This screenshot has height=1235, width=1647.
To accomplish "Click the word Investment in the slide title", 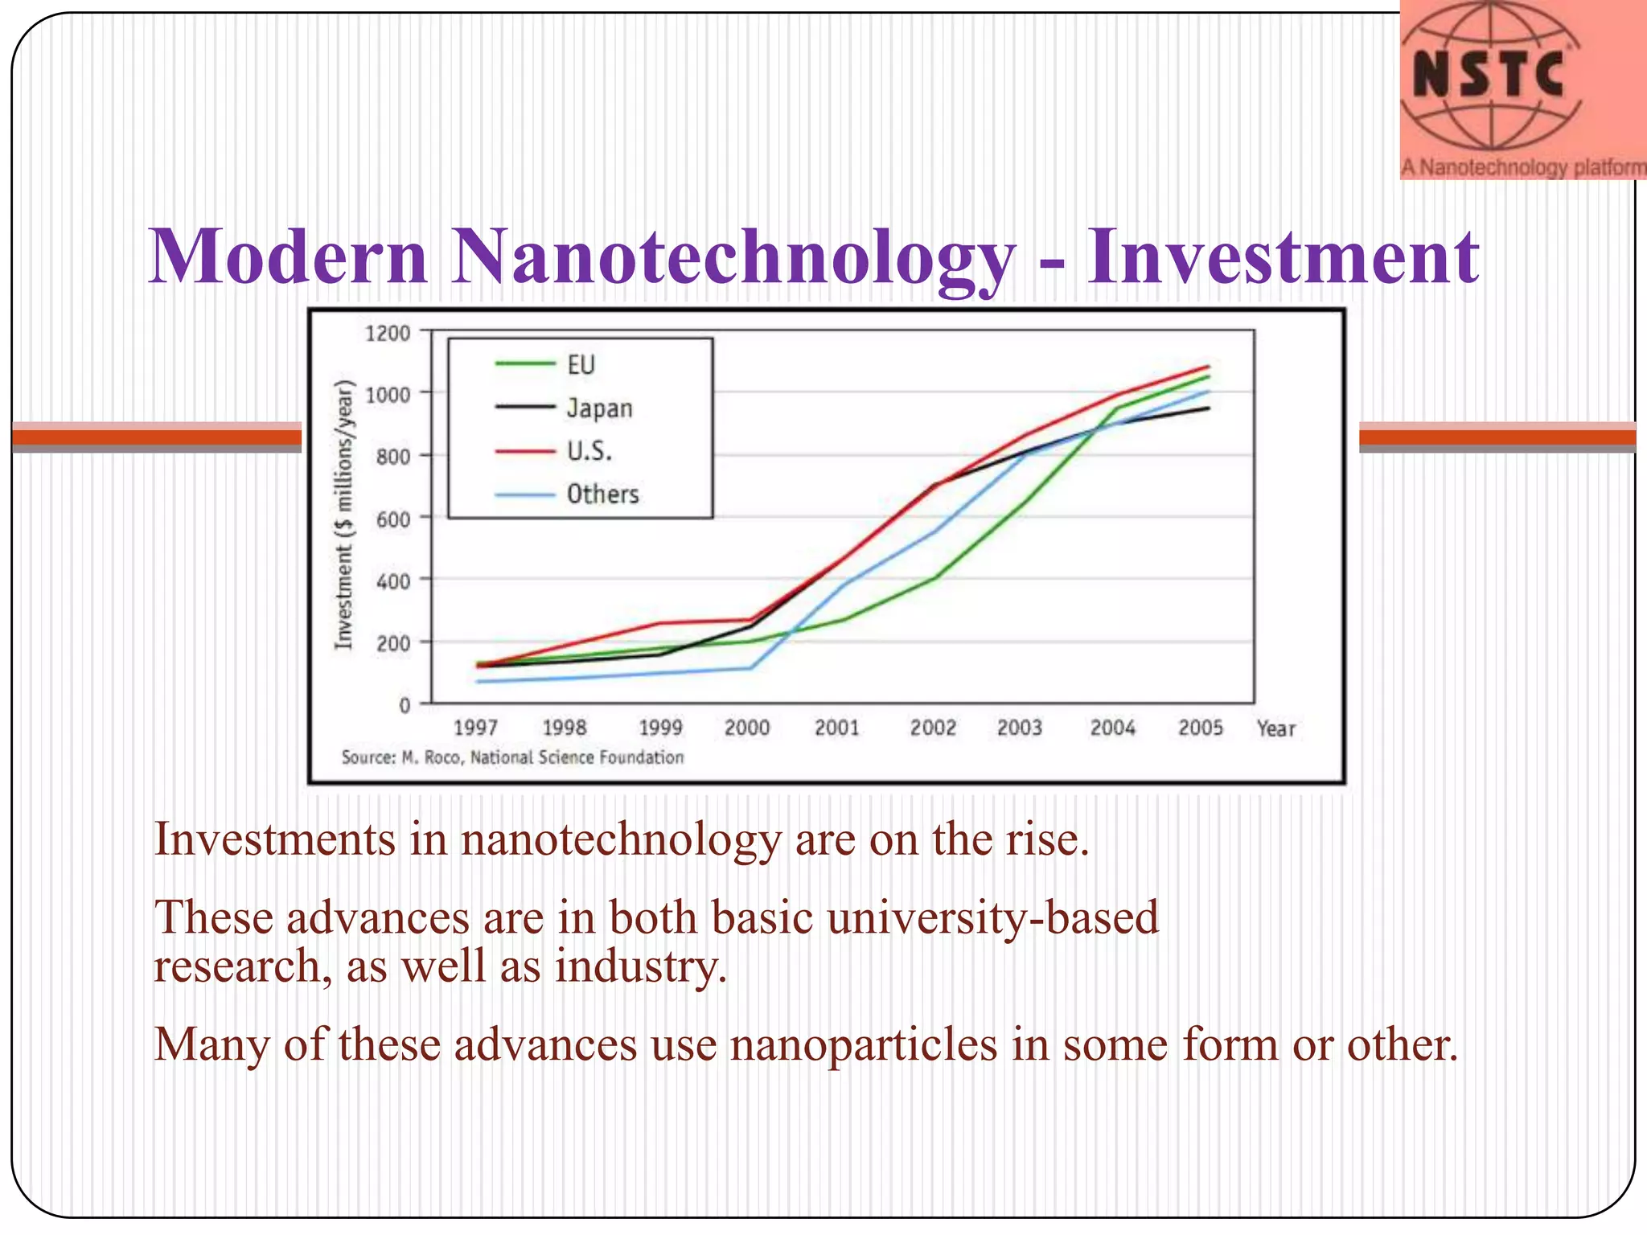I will (x=1282, y=256).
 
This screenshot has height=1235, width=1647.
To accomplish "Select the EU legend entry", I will (x=580, y=365).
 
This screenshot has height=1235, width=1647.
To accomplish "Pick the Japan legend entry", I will (x=599, y=408).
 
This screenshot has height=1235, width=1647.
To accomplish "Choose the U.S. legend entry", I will (x=589, y=451).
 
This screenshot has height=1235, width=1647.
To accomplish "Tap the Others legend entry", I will (x=602, y=494).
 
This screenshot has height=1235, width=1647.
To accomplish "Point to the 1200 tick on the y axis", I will (x=388, y=333).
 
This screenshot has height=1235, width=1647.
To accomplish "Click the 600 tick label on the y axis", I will (x=392, y=519).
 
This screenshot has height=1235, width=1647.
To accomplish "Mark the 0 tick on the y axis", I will (x=405, y=705).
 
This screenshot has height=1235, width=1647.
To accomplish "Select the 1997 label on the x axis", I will (x=475, y=728).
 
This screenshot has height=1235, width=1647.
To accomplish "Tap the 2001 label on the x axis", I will (x=836, y=728).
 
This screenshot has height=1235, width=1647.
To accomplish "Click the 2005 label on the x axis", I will (x=1200, y=728).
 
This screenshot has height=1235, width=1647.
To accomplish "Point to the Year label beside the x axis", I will (x=1275, y=728).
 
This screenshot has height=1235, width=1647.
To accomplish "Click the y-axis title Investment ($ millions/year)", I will (x=344, y=514).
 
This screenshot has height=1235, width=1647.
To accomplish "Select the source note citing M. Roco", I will (x=512, y=757).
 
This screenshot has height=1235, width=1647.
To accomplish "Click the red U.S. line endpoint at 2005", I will (x=1208, y=367).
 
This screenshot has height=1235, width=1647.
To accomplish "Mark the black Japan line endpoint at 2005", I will (x=1208, y=408).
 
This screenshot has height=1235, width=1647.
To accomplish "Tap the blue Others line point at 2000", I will (x=750, y=668).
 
